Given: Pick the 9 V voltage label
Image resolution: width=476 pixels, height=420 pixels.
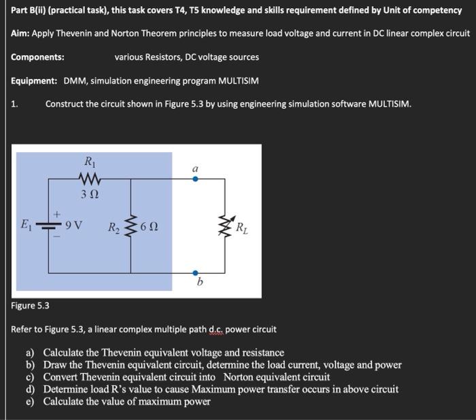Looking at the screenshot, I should coord(73,226).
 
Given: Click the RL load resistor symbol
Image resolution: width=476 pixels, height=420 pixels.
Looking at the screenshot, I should coord(225,226).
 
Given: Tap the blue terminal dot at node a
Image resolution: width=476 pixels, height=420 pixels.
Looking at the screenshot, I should coord(195,179).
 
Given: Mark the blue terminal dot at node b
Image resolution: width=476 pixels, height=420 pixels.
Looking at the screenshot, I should coord(195,273).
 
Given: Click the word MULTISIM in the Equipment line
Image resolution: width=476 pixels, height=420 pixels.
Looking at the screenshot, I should coord(238,81).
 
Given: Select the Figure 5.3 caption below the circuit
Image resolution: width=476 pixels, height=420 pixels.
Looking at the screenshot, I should coord(30,307).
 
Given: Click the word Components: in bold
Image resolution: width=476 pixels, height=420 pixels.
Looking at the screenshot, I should coord(37,57).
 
